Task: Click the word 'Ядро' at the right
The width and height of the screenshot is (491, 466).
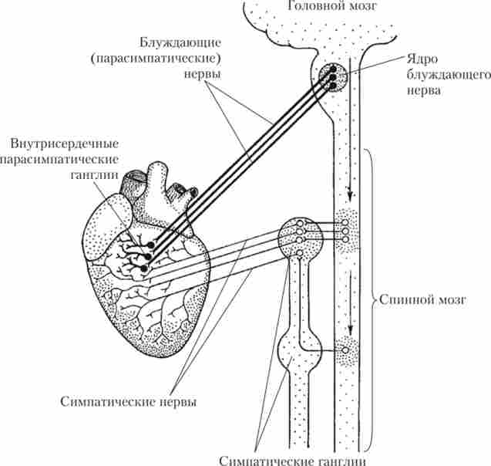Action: (422, 59)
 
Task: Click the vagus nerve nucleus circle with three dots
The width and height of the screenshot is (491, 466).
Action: (332, 76)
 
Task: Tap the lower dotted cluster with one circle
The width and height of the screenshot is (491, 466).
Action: (345, 353)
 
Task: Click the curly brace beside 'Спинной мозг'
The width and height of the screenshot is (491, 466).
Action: (372, 298)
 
